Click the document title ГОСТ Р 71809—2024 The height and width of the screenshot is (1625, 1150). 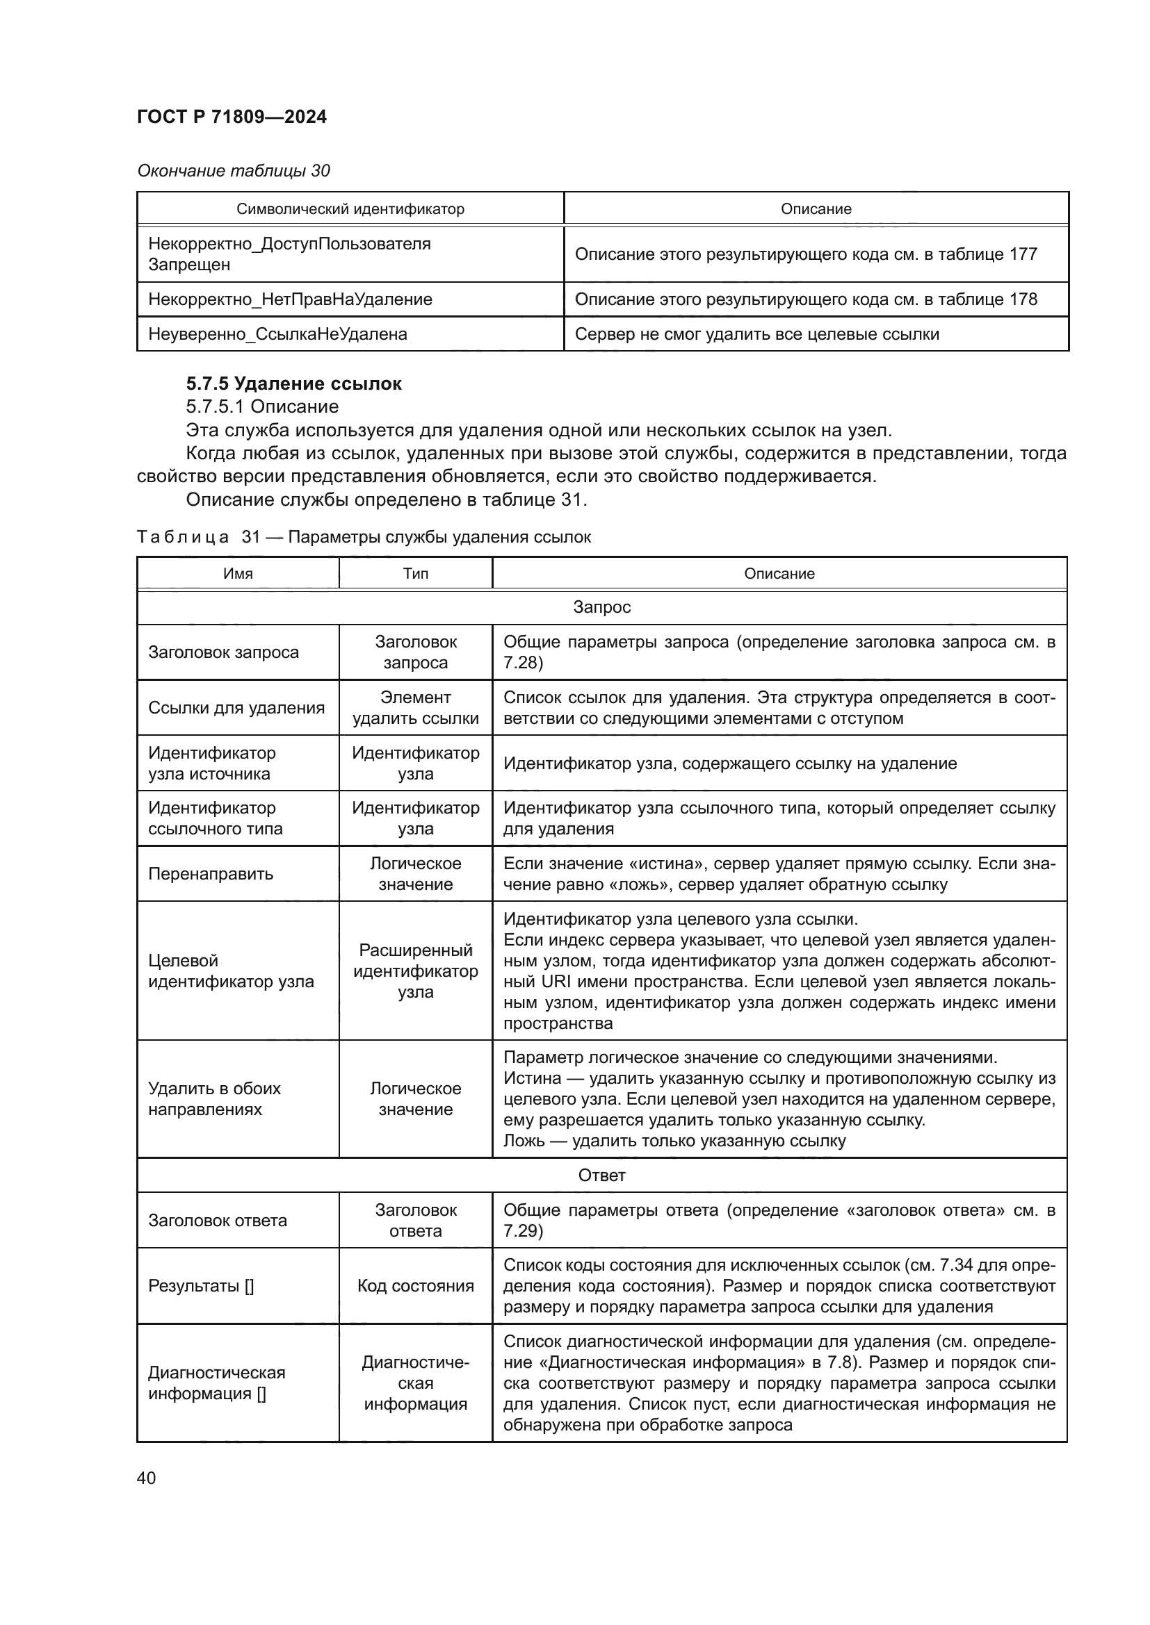click(x=232, y=117)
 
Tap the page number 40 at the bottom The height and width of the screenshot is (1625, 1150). click(x=146, y=1478)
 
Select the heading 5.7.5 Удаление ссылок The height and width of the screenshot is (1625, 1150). click(x=294, y=383)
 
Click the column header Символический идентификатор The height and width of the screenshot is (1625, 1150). click(x=350, y=209)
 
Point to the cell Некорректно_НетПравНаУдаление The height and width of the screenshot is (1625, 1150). click(x=290, y=299)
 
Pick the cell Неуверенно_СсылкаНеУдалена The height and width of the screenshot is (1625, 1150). click(x=277, y=334)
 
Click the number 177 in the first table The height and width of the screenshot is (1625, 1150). click(x=1023, y=254)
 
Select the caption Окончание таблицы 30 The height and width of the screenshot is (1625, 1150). click(x=233, y=171)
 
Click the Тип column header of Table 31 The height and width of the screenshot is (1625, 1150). click(x=416, y=573)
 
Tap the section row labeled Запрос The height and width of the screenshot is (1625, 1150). click(x=601, y=607)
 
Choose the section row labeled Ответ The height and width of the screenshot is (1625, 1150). click(x=601, y=1176)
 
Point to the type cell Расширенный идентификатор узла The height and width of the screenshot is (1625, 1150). click(x=416, y=971)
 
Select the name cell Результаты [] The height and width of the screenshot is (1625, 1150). click(x=201, y=1286)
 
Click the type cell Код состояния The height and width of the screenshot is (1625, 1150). click(x=416, y=1286)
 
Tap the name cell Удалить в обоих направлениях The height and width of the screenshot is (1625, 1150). click(x=215, y=1098)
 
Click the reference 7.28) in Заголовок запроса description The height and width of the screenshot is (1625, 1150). click(x=523, y=663)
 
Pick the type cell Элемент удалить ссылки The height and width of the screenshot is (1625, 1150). click(x=416, y=708)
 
